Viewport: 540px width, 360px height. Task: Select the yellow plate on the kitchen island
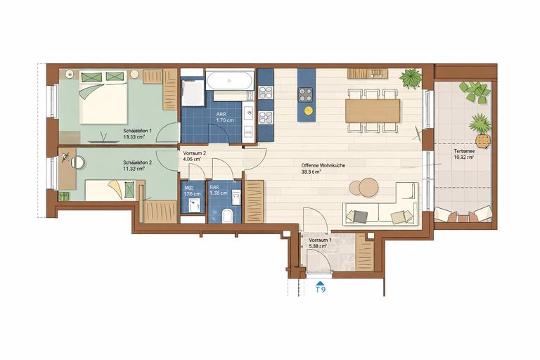coord(306,110)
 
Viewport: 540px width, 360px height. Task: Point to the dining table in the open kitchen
coord(372,109)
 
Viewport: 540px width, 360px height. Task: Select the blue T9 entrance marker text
coord(320,289)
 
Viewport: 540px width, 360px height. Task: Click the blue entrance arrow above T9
coord(320,281)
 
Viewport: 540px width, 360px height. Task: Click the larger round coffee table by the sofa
coord(368,187)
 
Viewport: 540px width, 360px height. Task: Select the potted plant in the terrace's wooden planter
coord(482,124)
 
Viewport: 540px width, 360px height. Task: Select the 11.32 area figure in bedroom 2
coord(132,169)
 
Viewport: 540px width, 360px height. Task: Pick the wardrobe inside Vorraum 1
coord(365,251)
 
